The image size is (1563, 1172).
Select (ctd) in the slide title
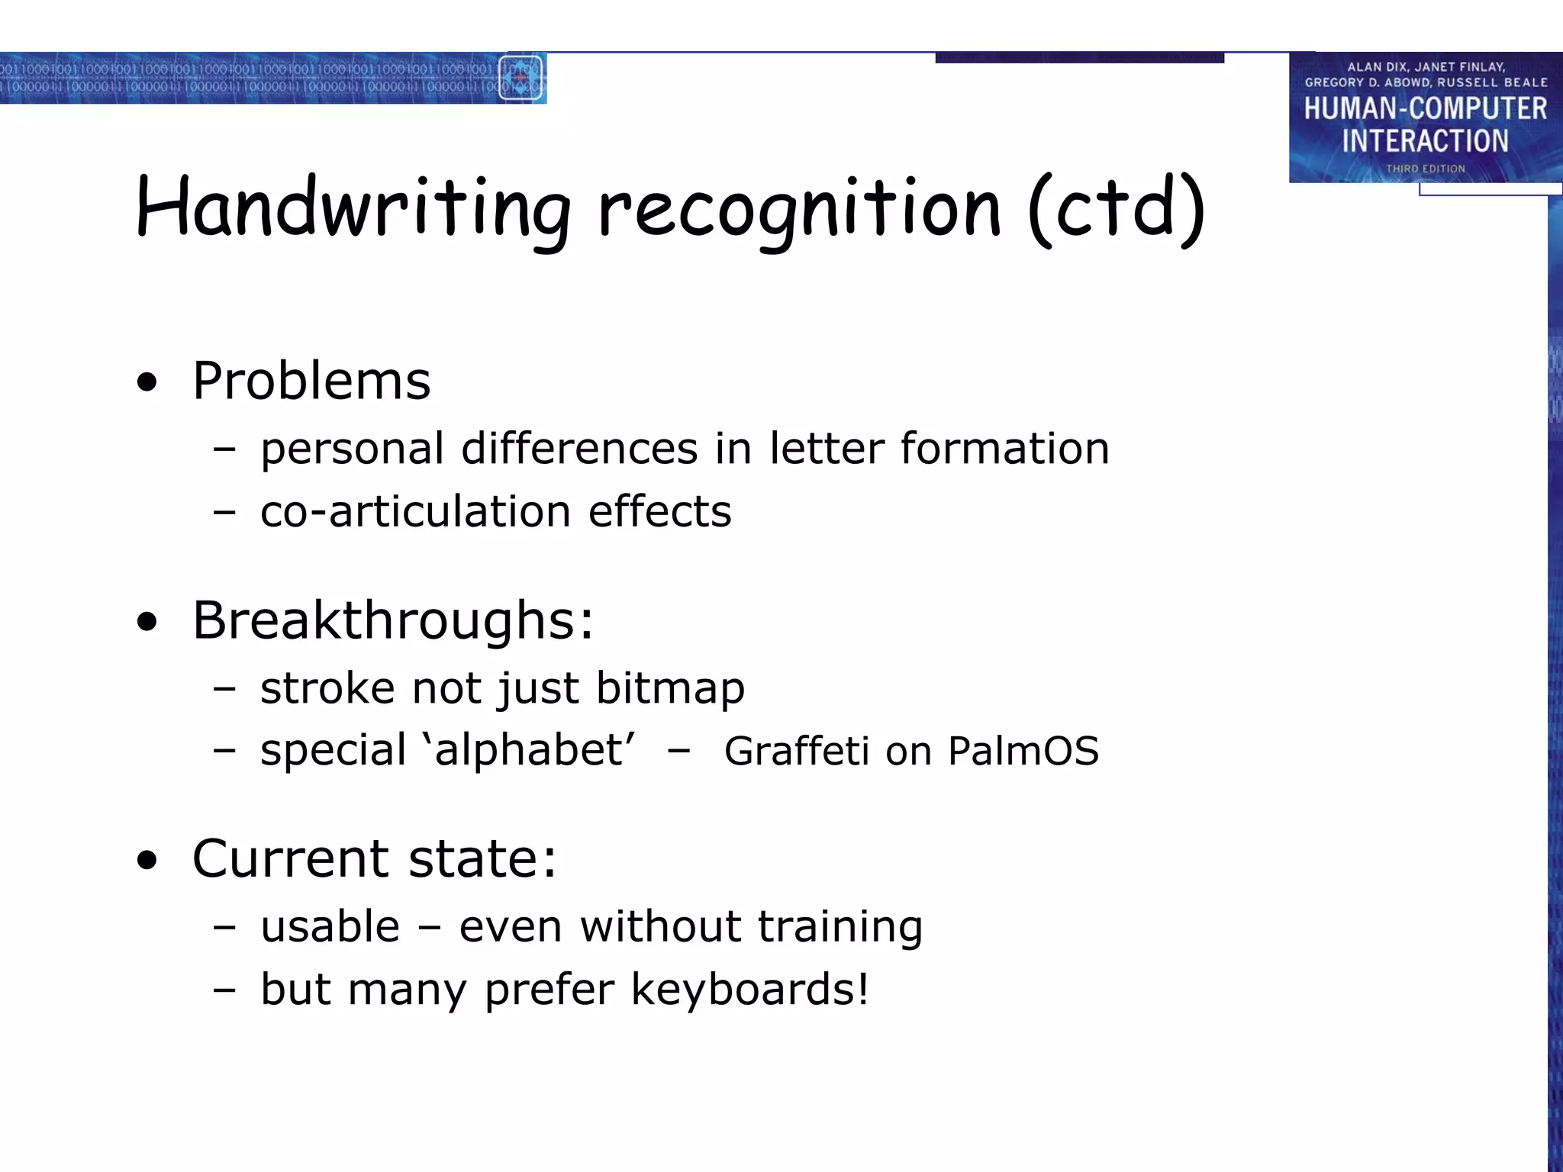[x=1117, y=208]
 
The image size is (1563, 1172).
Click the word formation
[x=1004, y=448]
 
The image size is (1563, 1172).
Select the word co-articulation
[x=415, y=511]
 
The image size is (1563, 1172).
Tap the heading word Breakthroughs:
[x=393, y=620]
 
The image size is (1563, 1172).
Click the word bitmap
[x=670, y=688]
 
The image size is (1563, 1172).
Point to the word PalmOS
[x=1023, y=751]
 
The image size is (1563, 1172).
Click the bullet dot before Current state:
[x=147, y=860]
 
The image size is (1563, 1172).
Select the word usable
[x=330, y=927]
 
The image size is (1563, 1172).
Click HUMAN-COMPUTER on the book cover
[x=1425, y=109]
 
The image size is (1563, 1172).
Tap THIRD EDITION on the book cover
[x=1426, y=169]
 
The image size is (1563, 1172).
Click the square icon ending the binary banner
[x=521, y=78]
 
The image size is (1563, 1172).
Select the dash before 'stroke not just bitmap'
[x=224, y=689]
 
